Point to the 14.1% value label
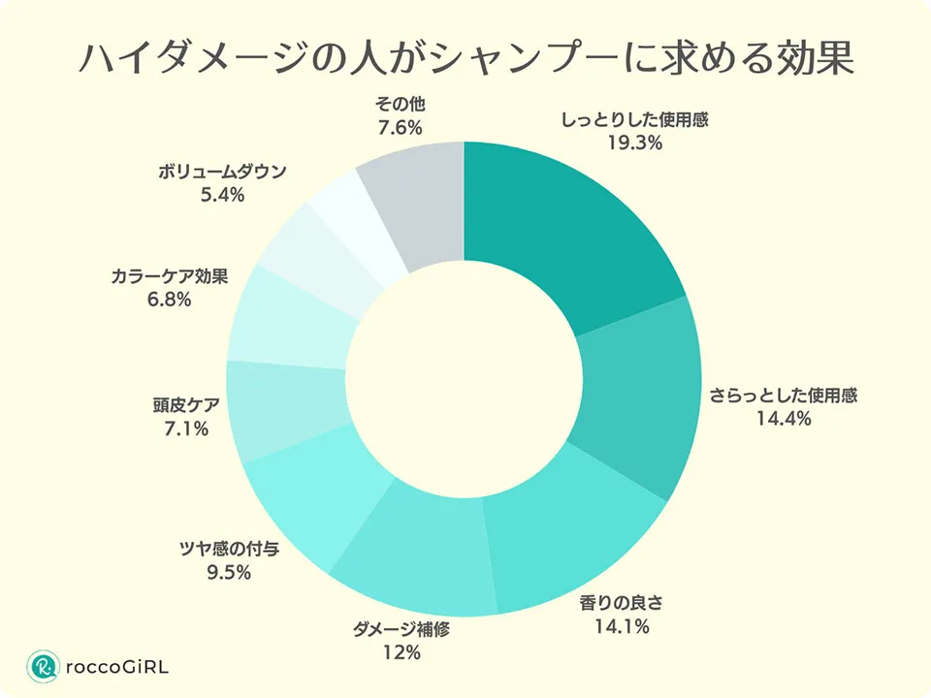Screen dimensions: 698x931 click(622, 626)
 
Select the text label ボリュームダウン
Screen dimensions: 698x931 click(222, 172)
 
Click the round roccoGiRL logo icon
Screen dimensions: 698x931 click(43, 666)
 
